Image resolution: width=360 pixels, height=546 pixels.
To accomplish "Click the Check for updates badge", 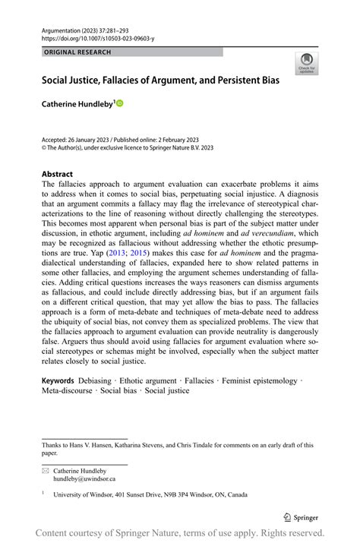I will coord(308,63).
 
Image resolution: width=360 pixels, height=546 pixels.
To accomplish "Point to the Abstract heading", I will coord(57,174).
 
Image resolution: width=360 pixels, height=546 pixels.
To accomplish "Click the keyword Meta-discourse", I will coord(70,390).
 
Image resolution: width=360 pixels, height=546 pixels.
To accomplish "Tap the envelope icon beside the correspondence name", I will coord(45,470).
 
